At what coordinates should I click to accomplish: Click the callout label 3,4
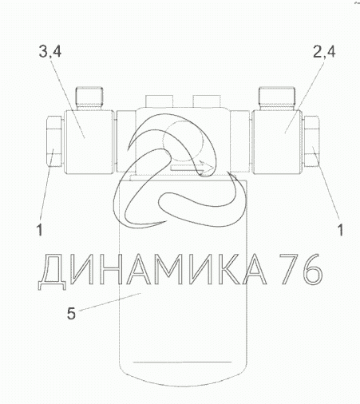point(50,52)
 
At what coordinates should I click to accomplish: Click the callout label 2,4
point(324,52)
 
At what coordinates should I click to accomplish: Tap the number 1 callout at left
point(40,230)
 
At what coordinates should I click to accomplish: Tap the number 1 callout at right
point(340,230)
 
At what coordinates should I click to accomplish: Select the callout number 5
point(71,313)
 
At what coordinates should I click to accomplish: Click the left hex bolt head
point(55,141)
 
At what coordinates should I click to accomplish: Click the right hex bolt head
point(311,141)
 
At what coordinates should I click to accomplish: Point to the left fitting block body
point(89,142)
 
